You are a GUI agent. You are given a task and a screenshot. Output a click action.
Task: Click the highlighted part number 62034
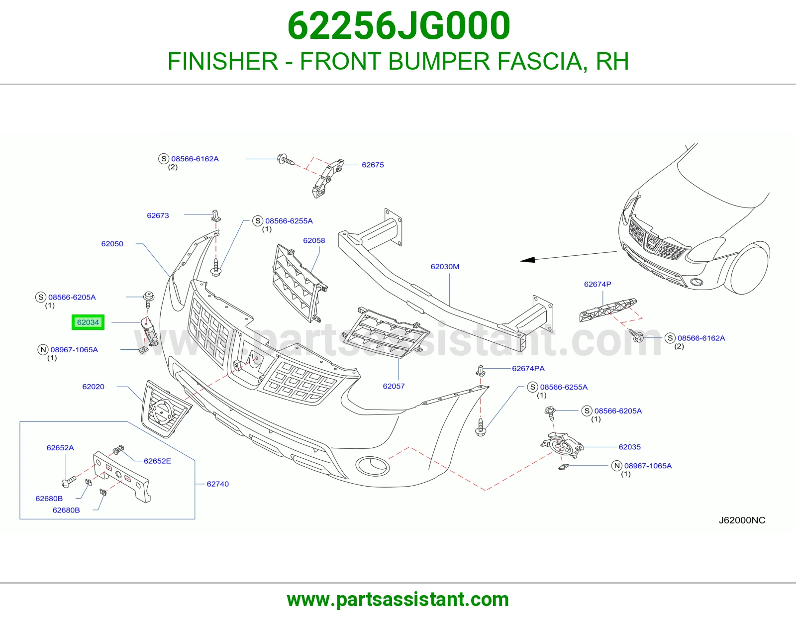pyautogui.click(x=88, y=322)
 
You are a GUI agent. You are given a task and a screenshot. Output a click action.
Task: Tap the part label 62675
pyautogui.click(x=373, y=165)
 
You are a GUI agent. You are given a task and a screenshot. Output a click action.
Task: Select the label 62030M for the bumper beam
pyautogui.click(x=445, y=267)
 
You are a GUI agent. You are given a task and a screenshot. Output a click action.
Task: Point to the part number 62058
pyautogui.click(x=314, y=240)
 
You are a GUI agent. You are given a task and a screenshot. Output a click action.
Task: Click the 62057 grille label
pyautogui.click(x=394, y=386)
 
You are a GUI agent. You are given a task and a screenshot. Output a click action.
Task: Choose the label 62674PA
pyautogui.click(x=528, y=369)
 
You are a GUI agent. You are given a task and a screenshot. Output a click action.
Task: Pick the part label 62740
pyautogui.click(x=217, y=484)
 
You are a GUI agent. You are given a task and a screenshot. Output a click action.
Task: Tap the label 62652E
pyautogui.click(x=157, y=461)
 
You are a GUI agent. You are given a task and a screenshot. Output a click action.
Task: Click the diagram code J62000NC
pyautogui.click(x=742, y=520)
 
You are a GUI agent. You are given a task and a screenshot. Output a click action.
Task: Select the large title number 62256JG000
pyautogui.click(x=398, y=26)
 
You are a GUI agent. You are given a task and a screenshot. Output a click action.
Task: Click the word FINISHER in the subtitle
pyautogui.click(x=223, y=61)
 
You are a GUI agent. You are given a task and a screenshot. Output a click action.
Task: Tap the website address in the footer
pyautogui.click(x=398, y=600)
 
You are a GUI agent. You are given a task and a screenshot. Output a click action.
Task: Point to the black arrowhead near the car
pyautogui.click(x=528, y=260)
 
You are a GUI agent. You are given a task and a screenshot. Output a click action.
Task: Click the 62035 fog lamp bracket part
pyautogui.click(x=562, y=445)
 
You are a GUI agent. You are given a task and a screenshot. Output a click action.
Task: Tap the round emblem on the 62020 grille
pyautogui.click(x=162, y=411)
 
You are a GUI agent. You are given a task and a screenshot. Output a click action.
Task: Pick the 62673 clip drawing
pyautogui.click(x=216, y=216)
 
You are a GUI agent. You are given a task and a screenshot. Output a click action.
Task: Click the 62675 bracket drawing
pyautogui.click(x=327, y=178)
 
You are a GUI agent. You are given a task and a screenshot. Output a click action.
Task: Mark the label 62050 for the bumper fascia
pyautogui.click(x=112, y=244)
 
